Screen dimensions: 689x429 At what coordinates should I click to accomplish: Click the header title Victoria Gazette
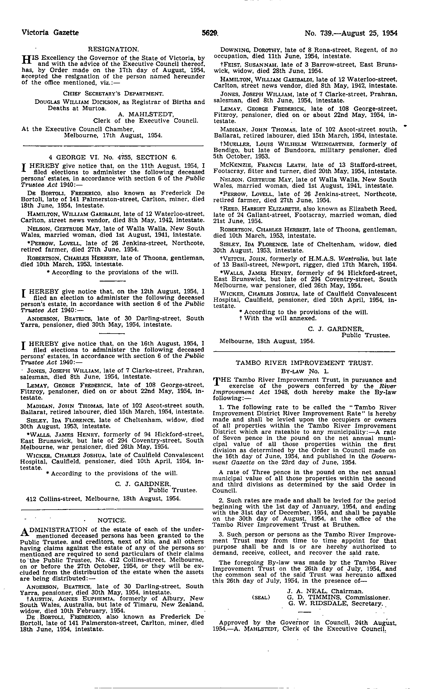pos(50,33)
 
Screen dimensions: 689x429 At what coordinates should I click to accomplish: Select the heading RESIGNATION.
pos(113,50)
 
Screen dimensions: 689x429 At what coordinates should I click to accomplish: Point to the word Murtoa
pos(96,108)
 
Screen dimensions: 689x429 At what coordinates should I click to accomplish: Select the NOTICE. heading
pos(111,520)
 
